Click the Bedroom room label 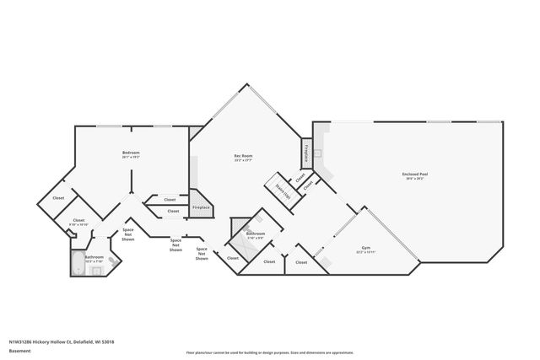pos(131,153)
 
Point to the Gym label pos(366,247)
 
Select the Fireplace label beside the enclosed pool pos(305,154)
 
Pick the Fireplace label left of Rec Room pos(201,207)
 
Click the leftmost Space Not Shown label pos(128,234)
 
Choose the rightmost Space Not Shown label pos(202,253)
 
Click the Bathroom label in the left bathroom pos(94,256)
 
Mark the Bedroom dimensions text pos(131,158)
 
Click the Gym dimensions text pos(366,252)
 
